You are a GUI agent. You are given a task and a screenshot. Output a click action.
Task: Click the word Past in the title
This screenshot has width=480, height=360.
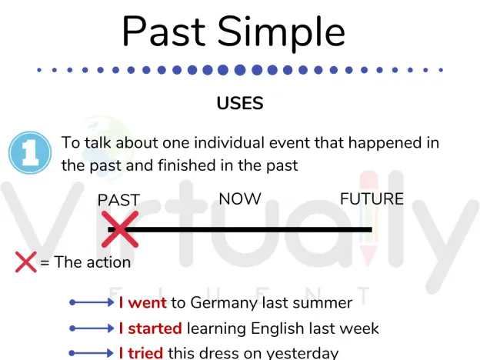pos(164,32)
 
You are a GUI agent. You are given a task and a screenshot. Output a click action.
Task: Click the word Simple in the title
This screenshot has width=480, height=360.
pos(282,34)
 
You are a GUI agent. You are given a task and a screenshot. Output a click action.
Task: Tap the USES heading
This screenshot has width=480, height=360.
pos(240,103)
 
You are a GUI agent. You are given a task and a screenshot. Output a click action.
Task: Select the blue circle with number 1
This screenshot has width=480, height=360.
pos(30,152)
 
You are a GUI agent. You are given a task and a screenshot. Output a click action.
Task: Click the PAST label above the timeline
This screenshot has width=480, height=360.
pos(118,200)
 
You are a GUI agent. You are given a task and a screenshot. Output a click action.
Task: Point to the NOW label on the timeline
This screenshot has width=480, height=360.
pos(240,199)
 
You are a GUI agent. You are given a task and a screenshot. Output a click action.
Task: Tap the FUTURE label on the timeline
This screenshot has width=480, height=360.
pos(372,199)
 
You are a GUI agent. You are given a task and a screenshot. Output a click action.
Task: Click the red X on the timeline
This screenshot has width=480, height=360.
pos(120,229)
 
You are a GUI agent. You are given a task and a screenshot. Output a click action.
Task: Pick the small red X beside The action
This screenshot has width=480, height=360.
pos(26,262)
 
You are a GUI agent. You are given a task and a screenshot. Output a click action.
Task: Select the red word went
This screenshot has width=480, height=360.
pos(148,303)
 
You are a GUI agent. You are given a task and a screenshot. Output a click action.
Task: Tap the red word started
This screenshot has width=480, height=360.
pos(155,328)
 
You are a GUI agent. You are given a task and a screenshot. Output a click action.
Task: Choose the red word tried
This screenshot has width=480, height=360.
pos(145,353)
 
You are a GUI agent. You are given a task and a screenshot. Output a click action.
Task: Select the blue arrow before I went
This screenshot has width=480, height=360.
pos(92,303)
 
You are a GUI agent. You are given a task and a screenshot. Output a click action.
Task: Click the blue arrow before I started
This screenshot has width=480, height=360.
pos(92,328)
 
